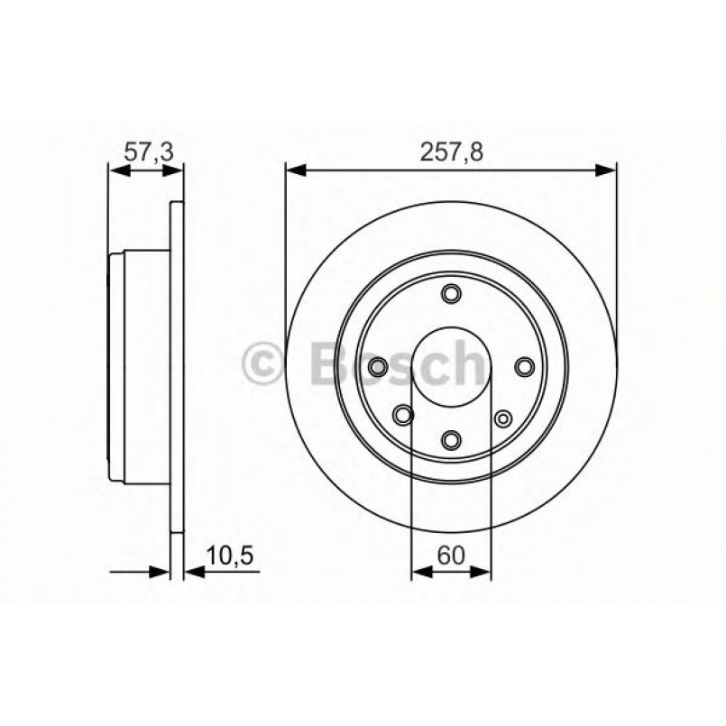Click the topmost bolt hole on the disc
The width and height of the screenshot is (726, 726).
pos(451,294)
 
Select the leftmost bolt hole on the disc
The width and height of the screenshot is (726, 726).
pos(378,366)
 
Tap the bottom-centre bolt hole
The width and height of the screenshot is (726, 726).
pos(451,438)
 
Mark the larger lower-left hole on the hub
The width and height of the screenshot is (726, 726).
pos(403,415)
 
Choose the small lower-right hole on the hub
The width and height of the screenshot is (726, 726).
pos(503,418)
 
